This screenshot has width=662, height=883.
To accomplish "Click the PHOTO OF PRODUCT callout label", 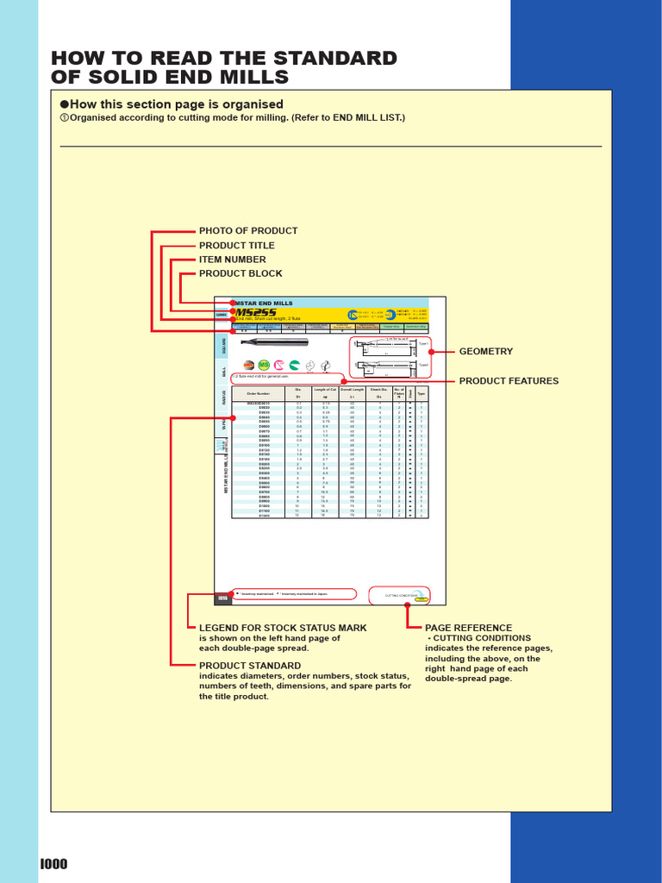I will pos(248,231).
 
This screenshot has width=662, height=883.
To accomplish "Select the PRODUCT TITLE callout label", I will pos(237,246).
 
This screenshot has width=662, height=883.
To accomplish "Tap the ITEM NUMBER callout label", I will pos(233,260).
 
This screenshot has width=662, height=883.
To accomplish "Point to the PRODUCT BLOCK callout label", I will pos(240,273).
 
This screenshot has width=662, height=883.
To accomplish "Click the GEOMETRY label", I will pos(486,352).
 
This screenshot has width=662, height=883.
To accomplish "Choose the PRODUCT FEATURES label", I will pos(509,381).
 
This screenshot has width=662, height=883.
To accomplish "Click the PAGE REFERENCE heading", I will pos(469,628).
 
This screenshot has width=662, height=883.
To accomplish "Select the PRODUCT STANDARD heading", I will pos(249,666).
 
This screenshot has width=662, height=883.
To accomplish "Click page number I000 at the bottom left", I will pos(53,865).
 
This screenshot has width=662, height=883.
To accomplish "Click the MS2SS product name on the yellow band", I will pos(251,313).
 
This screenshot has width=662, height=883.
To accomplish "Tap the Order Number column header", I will pos(259,393).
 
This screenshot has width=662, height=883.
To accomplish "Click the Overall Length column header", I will pos(352,390).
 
